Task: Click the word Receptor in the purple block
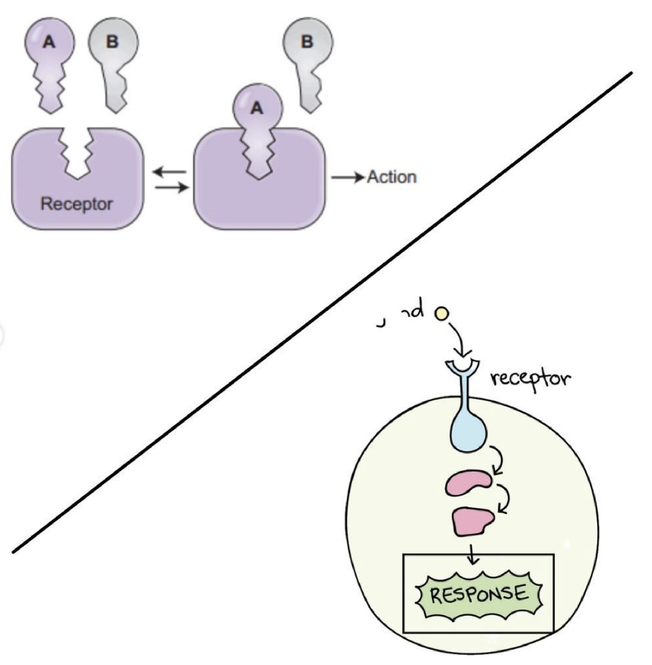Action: (x=76, y=204)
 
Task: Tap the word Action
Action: (x=391, y=177)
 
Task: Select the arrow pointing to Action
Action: (x=347, y=177)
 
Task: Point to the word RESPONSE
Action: (x=478, y=594)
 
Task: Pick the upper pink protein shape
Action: (x=468, y=482)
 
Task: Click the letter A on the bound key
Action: (x=256, y=108)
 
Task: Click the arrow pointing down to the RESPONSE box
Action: (x=473, y=554)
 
